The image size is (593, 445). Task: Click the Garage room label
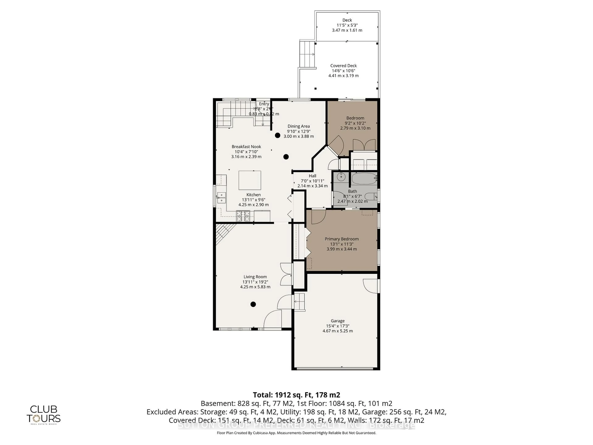(338, 321)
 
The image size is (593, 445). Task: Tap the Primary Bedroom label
(342, 239)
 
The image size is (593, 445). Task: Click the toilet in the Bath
(371, 197)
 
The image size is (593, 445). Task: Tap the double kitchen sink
(221, 198)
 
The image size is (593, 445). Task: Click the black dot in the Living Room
(253, 304)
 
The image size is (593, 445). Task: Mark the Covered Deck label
(343, 66)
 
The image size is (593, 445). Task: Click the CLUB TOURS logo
(43, 414)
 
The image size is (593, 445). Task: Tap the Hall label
(312, 176)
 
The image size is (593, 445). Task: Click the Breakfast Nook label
(246, 147)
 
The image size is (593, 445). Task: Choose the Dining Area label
(299, 126)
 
